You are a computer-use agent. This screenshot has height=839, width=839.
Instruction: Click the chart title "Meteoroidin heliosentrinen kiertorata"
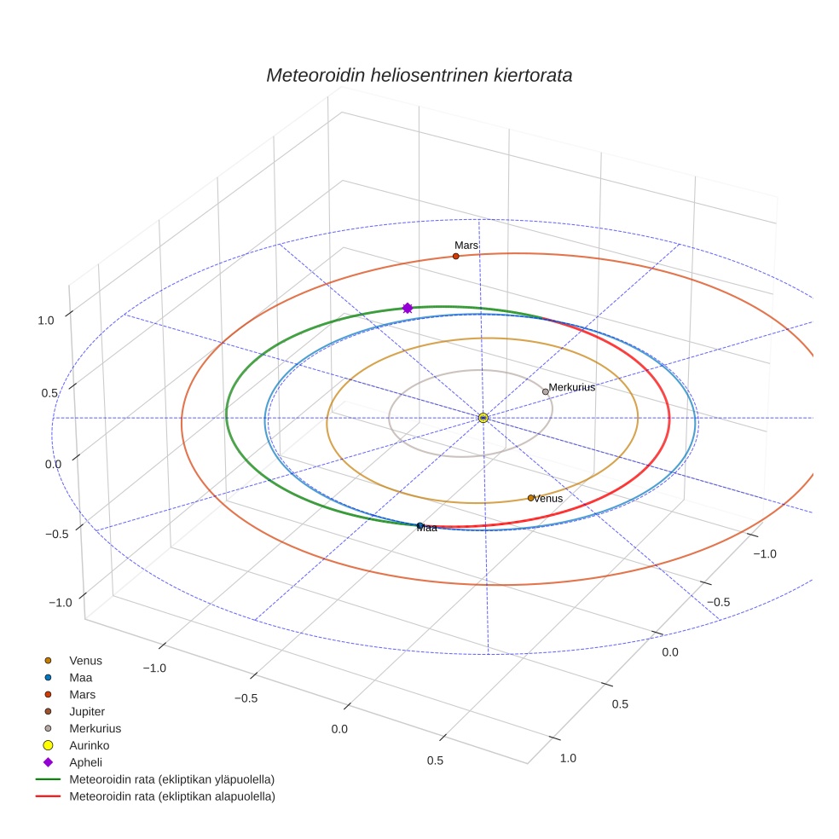(419, 75)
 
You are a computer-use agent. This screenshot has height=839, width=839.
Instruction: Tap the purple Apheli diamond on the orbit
(408, 308)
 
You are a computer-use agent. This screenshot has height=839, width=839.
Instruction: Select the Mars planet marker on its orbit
(456, 257)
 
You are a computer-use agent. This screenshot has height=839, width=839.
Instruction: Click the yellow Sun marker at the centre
(483, 418)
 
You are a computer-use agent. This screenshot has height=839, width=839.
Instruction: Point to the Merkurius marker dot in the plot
(545, 391)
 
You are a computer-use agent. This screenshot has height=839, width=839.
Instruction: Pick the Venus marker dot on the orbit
(531, 498)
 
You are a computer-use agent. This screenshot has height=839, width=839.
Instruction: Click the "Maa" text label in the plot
(427, 528)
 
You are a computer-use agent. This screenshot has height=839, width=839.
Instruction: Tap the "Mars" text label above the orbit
(466, 245)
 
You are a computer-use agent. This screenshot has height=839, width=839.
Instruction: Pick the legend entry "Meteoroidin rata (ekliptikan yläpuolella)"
(155, 779)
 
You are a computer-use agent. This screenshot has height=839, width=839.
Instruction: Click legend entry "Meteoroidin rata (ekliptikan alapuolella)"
(155, 796)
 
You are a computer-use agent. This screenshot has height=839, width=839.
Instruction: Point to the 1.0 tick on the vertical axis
(46, 321)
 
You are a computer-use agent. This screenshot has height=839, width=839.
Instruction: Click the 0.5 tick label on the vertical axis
(49, 393)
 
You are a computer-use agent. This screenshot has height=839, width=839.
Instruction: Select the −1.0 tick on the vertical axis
(60, 603)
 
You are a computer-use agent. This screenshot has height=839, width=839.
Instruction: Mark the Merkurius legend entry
(83, 729)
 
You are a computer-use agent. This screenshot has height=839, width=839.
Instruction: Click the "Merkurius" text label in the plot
(571, 387)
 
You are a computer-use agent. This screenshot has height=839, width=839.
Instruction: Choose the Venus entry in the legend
(73, 661)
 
